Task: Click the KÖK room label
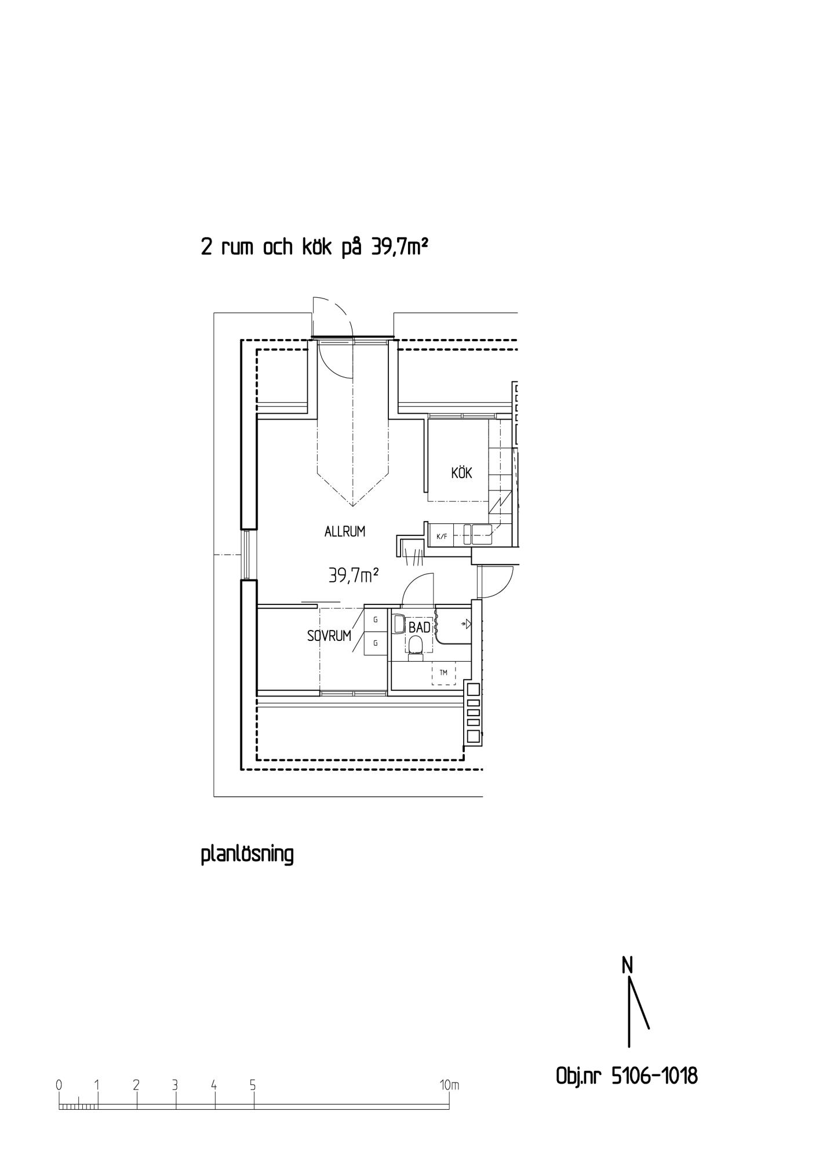(x=462, y=473)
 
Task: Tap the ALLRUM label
(x=345, y=531)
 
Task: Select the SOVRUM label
(x=329, y=636)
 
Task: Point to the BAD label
(x=420, y=628)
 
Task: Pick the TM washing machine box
(x=444, y=673)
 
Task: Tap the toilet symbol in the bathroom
(x=416, y=647)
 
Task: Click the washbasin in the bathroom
(x=399, y=624)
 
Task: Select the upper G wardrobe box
(x=376, y=619)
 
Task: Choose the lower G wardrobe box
(x=376, y=643)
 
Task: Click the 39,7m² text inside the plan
(x=354, y=575)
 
